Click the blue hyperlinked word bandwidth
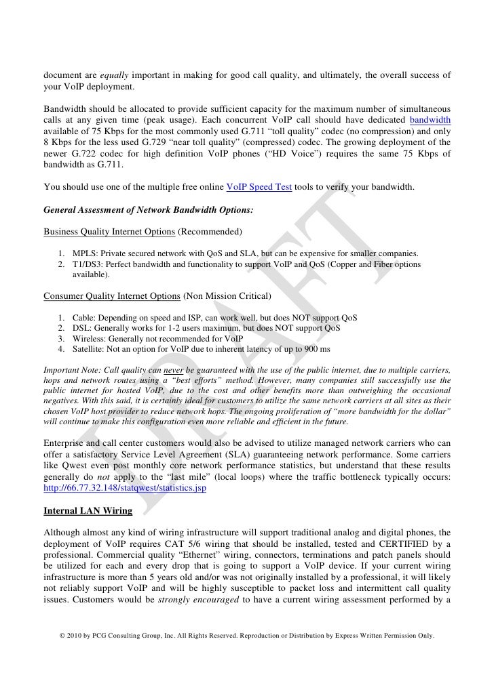[430, 120]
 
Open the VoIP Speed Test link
[259, 187]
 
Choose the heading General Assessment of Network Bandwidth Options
[148, 210]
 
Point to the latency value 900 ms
[315, 348]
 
